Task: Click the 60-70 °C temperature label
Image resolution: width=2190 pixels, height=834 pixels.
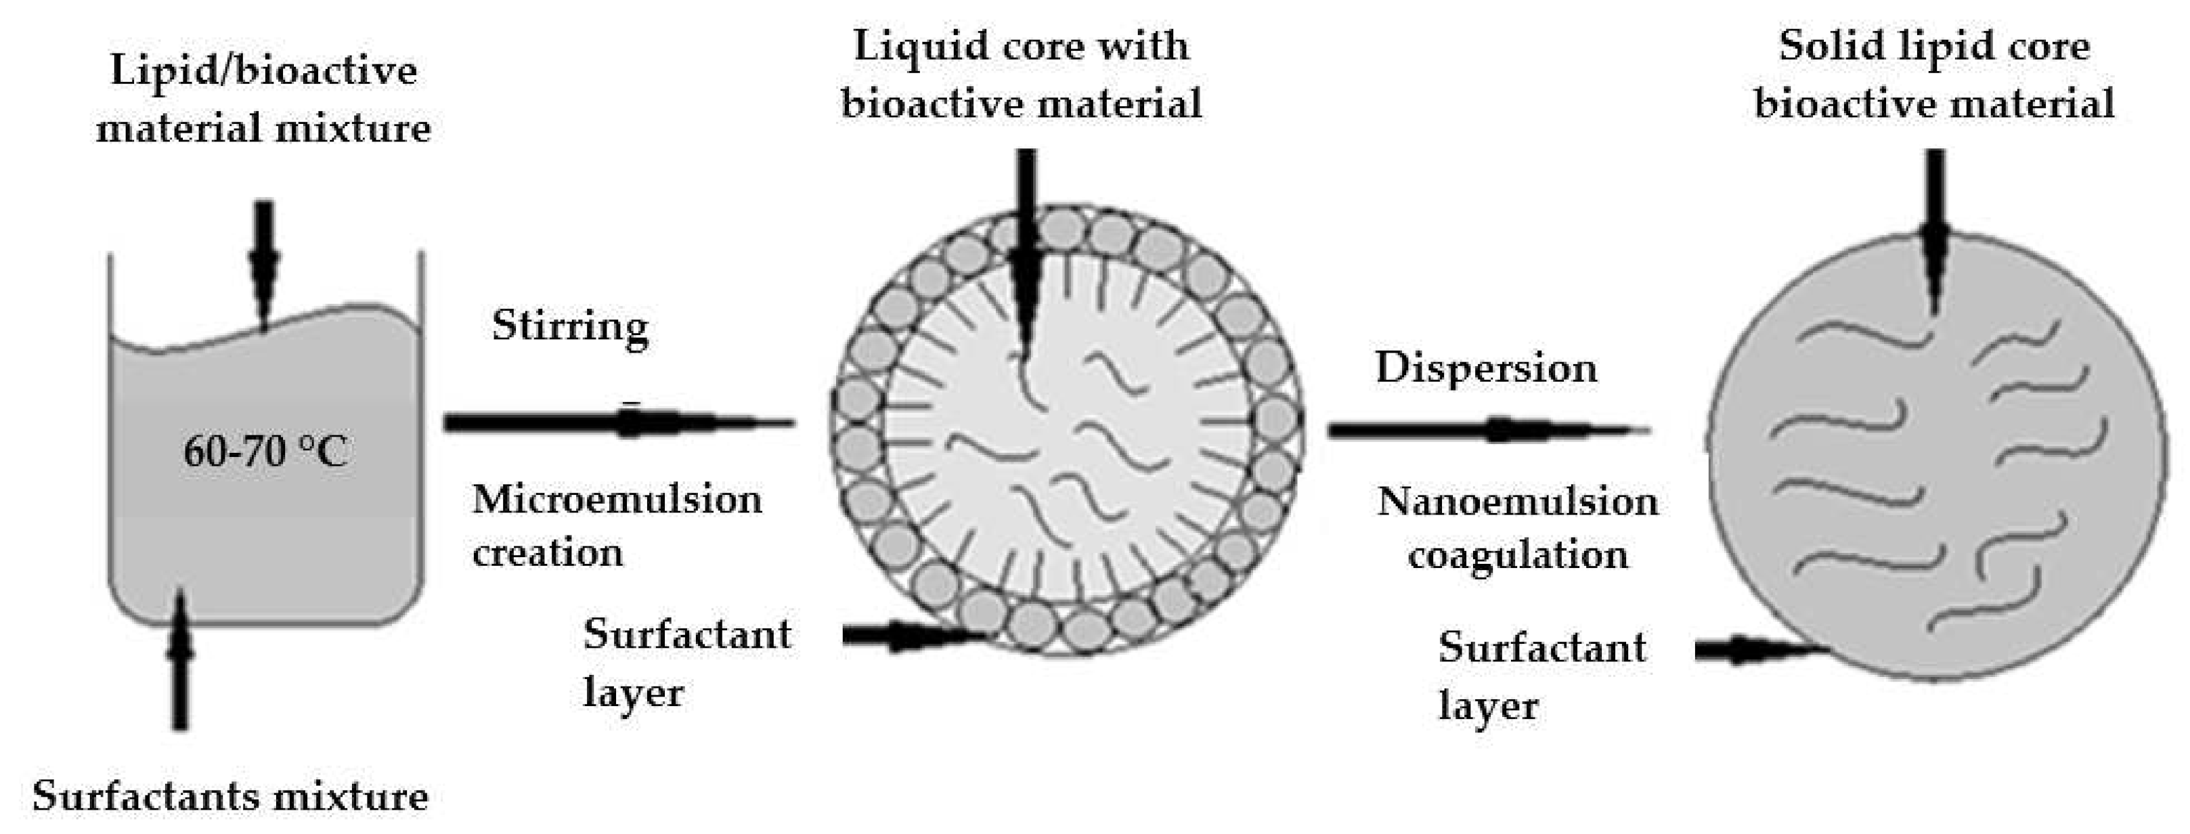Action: pyautogui.click(x=265, y=451)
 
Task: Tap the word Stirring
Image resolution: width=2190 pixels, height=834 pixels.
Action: pyautogui.click(x=569, y=326)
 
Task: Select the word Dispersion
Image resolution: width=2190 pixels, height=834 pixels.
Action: pyautogui.click(x=1486, y=369)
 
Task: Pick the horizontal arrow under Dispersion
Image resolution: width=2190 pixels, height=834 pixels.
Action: pyautogui.click(x=1488, y=430)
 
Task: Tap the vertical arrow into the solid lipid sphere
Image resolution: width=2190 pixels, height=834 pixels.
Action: pyautogui.click(x=1935, y=229)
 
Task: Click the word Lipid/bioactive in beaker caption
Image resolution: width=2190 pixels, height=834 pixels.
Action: pyautogui.click(x=263, y=70)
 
